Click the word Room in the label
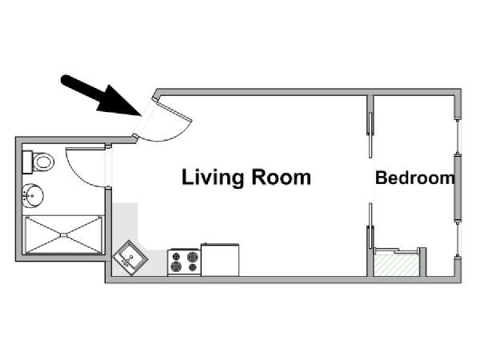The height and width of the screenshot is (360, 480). pos(281,178)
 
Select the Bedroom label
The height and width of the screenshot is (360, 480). pos(415,178)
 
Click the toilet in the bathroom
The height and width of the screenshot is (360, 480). pos(38,162)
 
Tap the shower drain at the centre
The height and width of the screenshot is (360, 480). pos(64,234)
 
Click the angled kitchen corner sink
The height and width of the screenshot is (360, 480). pos(130,258)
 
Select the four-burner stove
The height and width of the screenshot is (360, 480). pos(184,262)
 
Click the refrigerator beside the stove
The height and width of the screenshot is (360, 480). pos(220,259)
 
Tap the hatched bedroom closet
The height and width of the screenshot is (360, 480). pos(397,266)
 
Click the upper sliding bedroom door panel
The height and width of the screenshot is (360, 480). pos(370,135)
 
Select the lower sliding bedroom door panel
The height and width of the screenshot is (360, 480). pos(370,226)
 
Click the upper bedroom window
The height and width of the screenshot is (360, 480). pos(458,136)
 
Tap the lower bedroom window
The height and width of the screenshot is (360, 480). pos(458,239)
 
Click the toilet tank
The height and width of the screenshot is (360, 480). pos(27,162)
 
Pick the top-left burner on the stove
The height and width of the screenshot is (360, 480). pos(176,256)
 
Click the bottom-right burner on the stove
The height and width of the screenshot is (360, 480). pos(193,267)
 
